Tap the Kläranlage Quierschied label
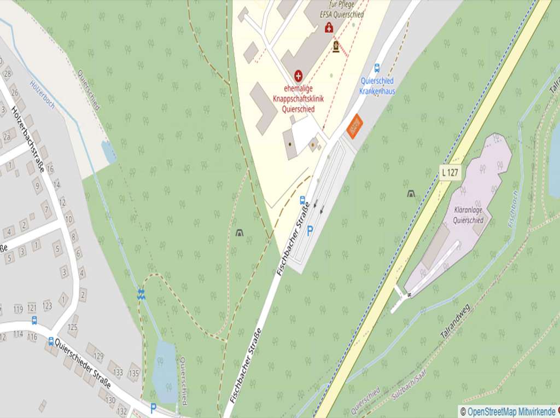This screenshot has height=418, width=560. point(469,215)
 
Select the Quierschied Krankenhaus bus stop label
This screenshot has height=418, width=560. point(377,86)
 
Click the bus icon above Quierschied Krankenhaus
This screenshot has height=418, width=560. point(377,68)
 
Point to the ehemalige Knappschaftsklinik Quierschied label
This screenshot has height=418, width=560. point(299,99)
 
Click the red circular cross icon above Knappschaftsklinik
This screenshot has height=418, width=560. point(299,74)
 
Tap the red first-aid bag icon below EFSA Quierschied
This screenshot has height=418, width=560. point(329,27)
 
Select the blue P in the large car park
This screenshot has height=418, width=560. point(310,231)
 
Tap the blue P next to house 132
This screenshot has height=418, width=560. point(153,408)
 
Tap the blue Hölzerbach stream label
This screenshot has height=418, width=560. point(43,94)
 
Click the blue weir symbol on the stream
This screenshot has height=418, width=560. point(141,294)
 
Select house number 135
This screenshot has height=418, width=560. point(134,374)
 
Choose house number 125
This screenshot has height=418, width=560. point(72,327)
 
